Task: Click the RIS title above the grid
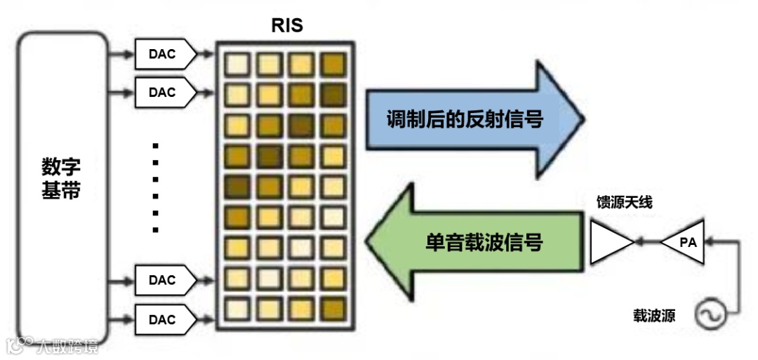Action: click(x=286, y=26)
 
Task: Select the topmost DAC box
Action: click(x=162, y=53)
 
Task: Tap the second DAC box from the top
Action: click(x=162, y=92)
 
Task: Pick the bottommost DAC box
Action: click(x=162, y=319)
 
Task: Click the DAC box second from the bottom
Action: click(x=162, y=280)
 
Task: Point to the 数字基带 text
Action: click(x=61, y=179)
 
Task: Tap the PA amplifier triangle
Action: click(x=684, y=242)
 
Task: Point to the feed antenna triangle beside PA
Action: click(x=609, y=242)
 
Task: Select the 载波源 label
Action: click(x=653, y=315)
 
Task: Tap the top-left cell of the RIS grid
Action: click(x=237, y=65)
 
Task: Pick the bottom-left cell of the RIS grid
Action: click(x=237, y=307)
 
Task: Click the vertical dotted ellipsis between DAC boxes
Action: click(x=156, y=187)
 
